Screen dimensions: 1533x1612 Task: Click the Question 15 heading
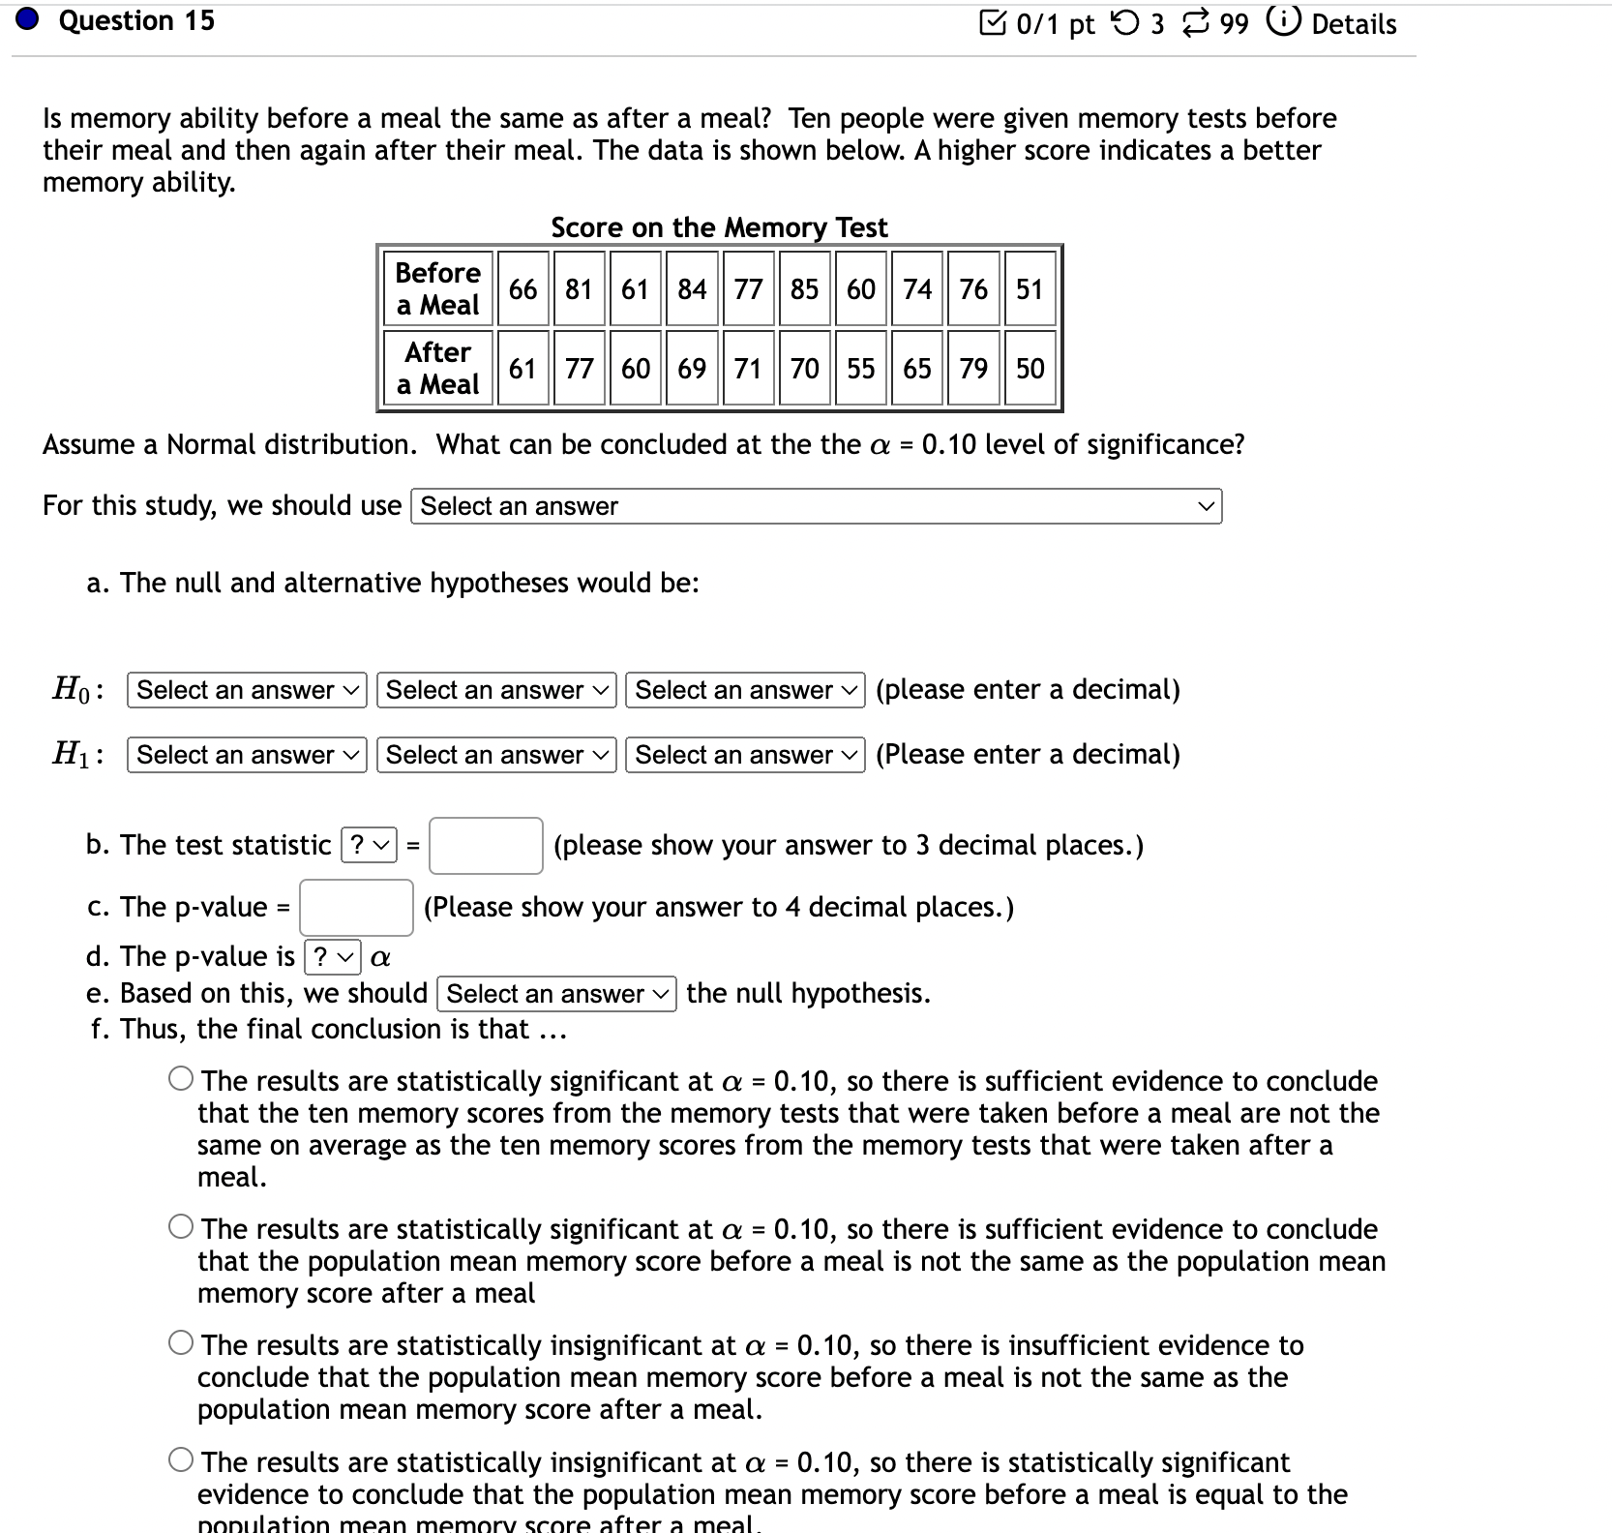(x=136, y=21)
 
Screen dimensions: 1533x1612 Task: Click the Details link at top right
(x=1353, y=24)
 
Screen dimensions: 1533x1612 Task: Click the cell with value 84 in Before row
(x=692, y=289)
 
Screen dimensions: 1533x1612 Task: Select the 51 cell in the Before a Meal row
(x=1030, y=289)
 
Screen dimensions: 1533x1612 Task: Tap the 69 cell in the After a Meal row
(x=692, y=369)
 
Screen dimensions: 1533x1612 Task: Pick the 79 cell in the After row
(x=973, y=369)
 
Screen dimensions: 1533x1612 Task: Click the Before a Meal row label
(x=437, y=288)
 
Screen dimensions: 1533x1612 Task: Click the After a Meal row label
(x=437, y=368)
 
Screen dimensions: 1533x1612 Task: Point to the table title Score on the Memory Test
(x=719, y=227)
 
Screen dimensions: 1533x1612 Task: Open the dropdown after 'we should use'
(x=816, y=506)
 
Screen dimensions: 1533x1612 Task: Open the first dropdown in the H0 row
(x=247, y=690)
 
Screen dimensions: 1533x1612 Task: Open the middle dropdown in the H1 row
(x=496, y=755)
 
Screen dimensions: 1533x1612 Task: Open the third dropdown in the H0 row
(x=745, y=690)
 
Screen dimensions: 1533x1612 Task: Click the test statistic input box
(x=486, y=846)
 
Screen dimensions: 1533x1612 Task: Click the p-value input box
(x=356, y=908)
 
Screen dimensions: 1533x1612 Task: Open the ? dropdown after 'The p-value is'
(x=333, y=957)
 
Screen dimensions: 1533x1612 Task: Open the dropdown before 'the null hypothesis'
(x=556, y=994)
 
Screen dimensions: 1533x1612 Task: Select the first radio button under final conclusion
(x=181, y=1079)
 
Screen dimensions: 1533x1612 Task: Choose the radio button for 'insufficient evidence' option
(x=181, y=1343)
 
